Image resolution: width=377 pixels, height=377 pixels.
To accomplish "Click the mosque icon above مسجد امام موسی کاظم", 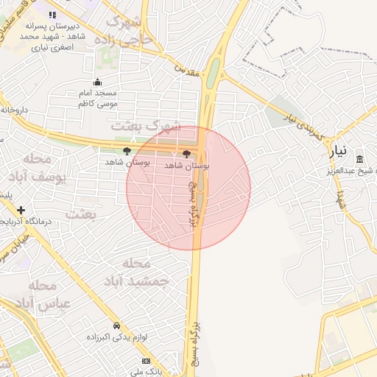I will tap(98, 82).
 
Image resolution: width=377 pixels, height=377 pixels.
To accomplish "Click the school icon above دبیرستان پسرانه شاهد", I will tap(52, 15).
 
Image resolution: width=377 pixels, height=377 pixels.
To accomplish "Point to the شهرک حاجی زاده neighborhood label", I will tap(129, 28).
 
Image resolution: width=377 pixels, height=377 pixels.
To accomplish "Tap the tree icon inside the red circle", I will tap(186, 154).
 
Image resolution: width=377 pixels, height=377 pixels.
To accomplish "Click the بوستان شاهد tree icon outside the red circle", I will tap(126, 151).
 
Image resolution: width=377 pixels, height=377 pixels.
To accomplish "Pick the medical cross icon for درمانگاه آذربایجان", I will tap(21, 210).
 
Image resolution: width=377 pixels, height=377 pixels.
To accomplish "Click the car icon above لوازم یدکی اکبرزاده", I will tap(116, 325).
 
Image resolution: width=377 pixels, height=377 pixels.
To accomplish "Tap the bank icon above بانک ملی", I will tap(146, 361).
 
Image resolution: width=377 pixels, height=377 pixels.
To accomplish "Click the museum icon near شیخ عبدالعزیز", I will tap(359, 159).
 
